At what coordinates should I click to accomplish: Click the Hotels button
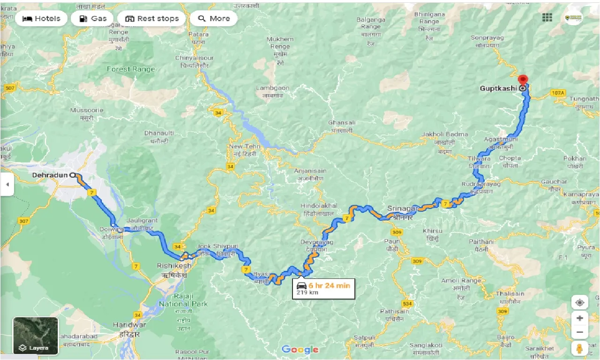coord(42,19)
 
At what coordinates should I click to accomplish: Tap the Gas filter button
coord(93,19)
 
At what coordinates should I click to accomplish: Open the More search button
coord(214,19)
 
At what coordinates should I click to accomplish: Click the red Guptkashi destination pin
coord(523,80)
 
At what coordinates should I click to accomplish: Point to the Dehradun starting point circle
coord(73,175)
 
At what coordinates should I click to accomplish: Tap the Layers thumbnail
coord(36,336)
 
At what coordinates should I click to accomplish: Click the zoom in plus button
coord(580,318)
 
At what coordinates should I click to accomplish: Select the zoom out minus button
coord(580,333)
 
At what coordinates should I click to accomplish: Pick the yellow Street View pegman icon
coord(580,349)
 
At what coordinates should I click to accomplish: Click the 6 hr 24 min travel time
coord(330,285)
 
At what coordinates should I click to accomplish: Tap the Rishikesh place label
coord(174,266)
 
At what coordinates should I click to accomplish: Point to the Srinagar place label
coord(402,209)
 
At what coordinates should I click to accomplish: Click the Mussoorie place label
coord(86,111)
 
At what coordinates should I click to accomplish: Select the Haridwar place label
coord(129,325)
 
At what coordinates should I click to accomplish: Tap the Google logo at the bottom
coord(300,350)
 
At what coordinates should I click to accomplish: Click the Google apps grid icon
coord(547,18)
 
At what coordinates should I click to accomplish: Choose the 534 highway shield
coord(407,304)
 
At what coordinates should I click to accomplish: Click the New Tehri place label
coord(242,147)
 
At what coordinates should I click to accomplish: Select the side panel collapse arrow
coord(7,185)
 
